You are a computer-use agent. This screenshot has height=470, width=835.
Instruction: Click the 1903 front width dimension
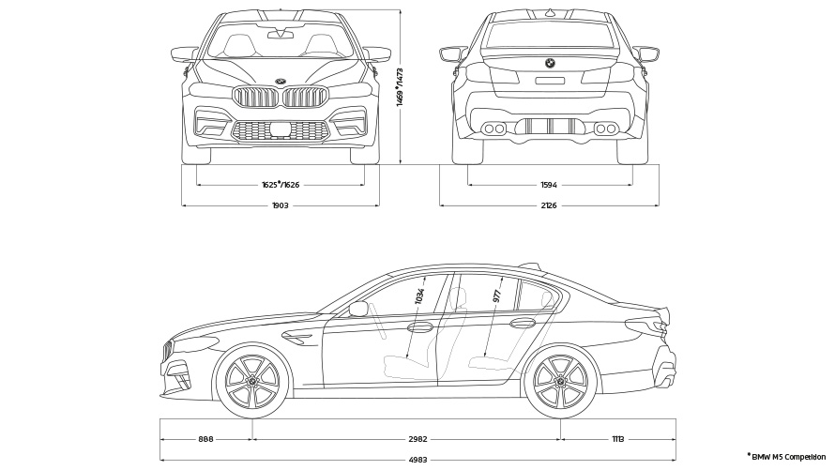point(280,205)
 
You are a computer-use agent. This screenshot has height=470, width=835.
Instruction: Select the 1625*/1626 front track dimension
point(280,185)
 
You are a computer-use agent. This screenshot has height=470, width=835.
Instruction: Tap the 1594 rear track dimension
point(550,185)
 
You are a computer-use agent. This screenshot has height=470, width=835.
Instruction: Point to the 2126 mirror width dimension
point(550,205)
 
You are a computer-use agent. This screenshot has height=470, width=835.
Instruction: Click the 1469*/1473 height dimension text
point(401,87)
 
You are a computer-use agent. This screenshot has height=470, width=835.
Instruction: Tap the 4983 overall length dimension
point(418,460)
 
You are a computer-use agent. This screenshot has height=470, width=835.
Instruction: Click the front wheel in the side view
point(253,382)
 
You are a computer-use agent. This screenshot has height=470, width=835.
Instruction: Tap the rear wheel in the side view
point(561,382)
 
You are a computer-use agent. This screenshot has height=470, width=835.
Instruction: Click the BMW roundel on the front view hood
point(280,81)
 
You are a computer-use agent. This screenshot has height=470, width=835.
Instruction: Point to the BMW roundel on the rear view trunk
point(550,64)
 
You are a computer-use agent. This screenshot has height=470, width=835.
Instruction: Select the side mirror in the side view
point(358,309)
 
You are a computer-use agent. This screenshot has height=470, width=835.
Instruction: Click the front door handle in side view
point(419,327)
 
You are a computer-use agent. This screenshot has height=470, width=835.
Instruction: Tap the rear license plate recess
point(550,81)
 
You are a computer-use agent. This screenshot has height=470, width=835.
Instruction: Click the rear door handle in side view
point(522,324)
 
